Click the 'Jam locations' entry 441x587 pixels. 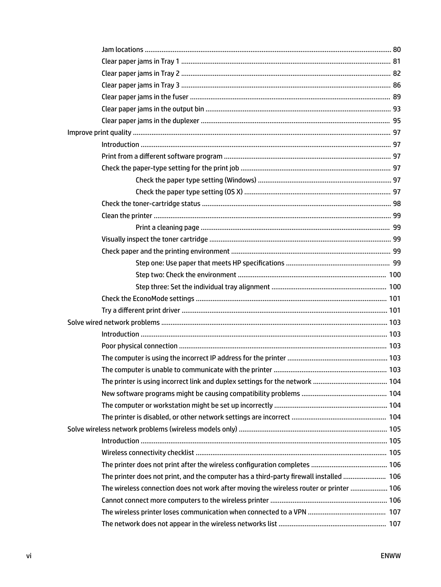point(122,49)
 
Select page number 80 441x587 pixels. point(397,49)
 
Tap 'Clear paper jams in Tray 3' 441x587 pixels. point(141,85)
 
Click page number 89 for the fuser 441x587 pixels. point(397,97)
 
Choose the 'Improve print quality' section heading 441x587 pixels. point(99,132)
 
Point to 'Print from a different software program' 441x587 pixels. point(162,156)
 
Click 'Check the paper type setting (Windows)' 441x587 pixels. point(196,180)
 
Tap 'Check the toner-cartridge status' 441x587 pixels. point(151,203)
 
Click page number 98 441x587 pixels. point(397,203)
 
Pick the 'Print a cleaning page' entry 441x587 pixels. point(167,227)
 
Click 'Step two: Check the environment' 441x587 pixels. point(186,275)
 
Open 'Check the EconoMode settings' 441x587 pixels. point(148,298)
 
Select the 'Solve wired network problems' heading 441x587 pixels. point(114,322)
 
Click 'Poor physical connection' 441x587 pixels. point(140,346)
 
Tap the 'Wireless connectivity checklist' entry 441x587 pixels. point(148,453)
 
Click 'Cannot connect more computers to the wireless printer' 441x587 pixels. point(185,500)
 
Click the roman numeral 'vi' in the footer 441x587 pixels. point(29,556)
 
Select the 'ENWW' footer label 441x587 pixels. point(390,556)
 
